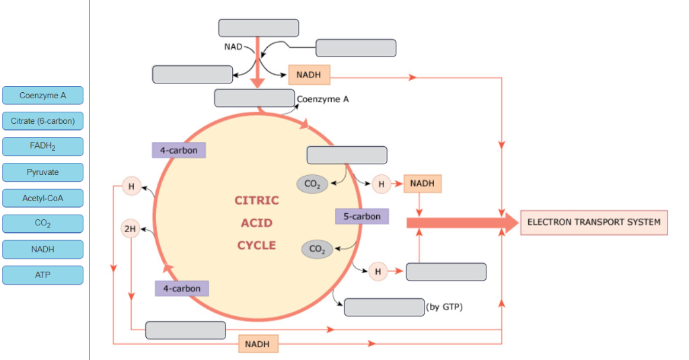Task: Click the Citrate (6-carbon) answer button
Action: click(x=42, y=121)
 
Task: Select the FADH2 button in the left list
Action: click(x=42, y=147)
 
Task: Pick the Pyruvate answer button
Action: click(x=42, y=172)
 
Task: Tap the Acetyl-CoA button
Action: click(x=42, y=198)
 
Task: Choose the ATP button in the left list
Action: click(x=42, y=275)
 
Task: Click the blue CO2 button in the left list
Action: click(x=42, y=224)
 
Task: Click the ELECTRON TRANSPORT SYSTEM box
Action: click(x=593, y=223)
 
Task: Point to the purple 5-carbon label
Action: click(x=362, y=217)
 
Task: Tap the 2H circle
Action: click(x=131, y=229)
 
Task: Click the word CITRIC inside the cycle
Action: click(x=256, y=201)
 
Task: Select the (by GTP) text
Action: click(x=444, y=308)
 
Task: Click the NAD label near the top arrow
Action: click(x=233, y=47)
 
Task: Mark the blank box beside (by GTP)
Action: click(x=384, y=308)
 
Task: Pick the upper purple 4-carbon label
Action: click(x=179, y=150)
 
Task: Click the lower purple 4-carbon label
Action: click(x=182, y=289)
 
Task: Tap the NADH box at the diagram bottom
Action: click(x=258, y=344)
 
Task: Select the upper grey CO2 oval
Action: click(x=312, y=184)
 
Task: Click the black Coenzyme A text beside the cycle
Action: click(x=322, y=99)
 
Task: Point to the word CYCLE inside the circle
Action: click(x=256, y=245)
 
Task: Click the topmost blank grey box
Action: click(x=258, y=28)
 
